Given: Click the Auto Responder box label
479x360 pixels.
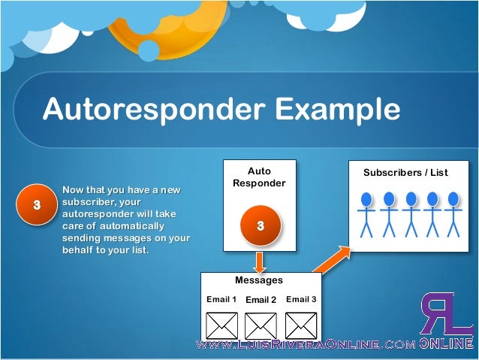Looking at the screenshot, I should coord(259,177).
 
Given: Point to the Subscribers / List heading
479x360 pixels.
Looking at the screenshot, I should coord(405,172).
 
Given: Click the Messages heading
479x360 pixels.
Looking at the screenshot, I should coord(259,280).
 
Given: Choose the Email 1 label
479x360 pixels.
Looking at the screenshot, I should coord(221,299).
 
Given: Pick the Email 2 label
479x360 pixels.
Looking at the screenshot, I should coord(261,300).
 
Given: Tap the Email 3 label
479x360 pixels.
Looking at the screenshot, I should coord(301,299).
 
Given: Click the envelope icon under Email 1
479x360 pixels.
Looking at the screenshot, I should coord(221,325).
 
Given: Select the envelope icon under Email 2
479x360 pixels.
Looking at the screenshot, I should coord(261,325).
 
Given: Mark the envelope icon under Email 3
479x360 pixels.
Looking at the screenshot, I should coord(300,325).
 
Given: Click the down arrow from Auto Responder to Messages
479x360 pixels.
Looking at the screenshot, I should coord(259,262).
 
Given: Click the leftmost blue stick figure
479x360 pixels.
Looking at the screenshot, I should coord(366,213).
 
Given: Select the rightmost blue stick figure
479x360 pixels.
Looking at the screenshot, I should coord(453,213).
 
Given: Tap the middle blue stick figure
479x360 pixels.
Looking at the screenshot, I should coord(410,213).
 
